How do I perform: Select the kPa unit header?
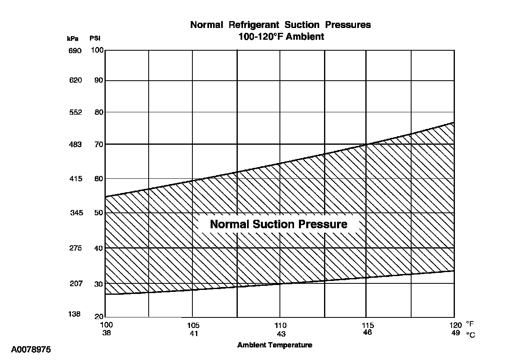73,39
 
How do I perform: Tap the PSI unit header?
95,39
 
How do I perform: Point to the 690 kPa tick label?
75,51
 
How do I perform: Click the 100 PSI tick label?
97,50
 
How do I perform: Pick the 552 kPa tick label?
75,112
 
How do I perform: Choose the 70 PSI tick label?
99,144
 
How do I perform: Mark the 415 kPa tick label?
75,179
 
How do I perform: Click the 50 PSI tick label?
99,213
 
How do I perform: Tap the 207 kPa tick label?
76,283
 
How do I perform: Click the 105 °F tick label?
193,326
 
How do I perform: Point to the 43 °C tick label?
281,334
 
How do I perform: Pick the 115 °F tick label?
368,325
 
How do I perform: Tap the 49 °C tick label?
456,333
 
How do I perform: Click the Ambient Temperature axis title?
275,345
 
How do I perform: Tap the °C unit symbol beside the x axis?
470,335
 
